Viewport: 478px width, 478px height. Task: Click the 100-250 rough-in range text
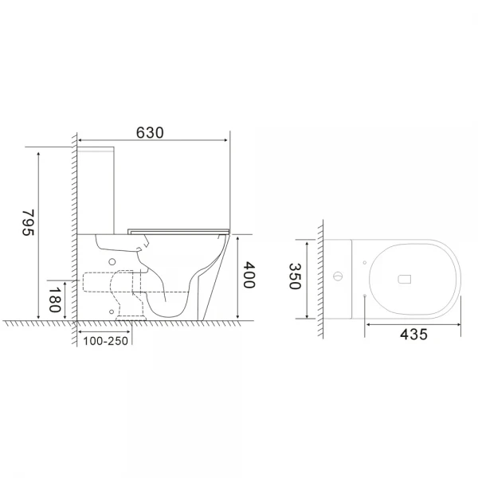tap(104, 341)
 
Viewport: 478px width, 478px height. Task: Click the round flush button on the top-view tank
tap(339, 277)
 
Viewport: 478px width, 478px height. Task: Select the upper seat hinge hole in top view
tap(365, 259)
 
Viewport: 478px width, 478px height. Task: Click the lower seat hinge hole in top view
tap(365, 296)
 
